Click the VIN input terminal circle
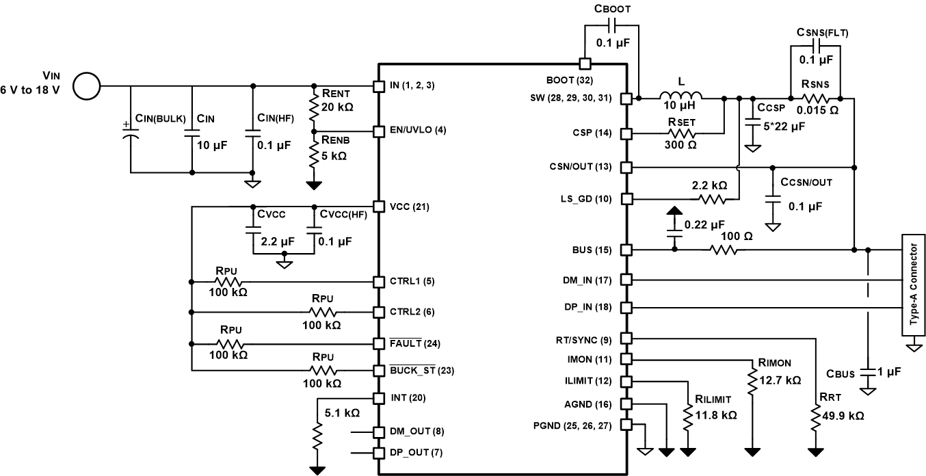(86, 86)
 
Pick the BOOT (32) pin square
(585, 64)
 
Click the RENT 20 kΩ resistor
(315, 108)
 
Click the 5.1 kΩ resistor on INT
(317, 436)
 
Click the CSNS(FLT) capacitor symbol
(815, 46)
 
